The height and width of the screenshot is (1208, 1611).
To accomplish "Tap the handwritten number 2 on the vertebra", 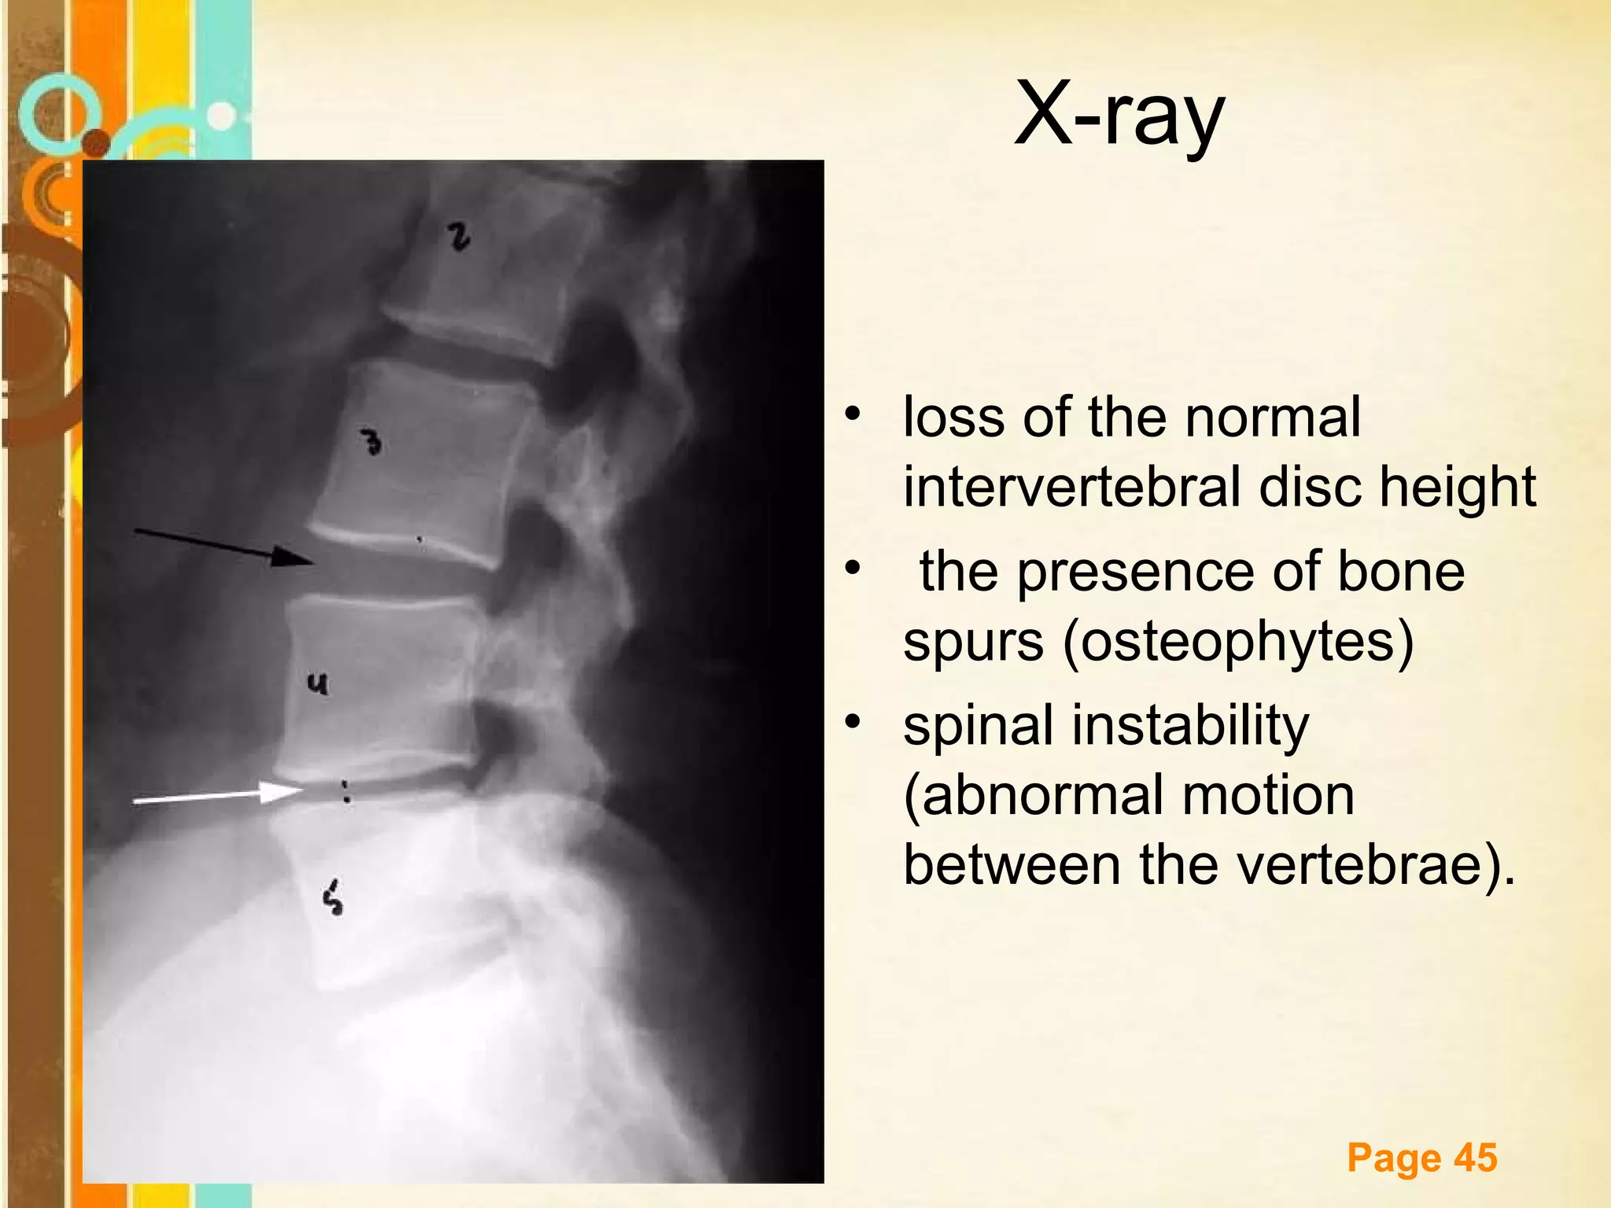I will point(459,236).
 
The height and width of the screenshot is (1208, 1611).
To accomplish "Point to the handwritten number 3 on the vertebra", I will point(371,442).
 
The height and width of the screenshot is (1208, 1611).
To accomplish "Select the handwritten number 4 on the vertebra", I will point(317,685).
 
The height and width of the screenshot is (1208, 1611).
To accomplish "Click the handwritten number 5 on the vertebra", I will point(334,898).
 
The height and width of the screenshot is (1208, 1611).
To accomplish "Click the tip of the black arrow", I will point(313,562).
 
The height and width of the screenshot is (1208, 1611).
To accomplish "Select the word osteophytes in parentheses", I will point(1238,641).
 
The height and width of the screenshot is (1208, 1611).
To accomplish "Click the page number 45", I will point(1475,1158).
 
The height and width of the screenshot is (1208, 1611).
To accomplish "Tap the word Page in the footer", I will point(1394,1158).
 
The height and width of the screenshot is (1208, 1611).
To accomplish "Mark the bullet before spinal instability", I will point(853,721).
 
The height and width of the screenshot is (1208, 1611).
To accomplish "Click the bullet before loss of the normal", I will point(853,413).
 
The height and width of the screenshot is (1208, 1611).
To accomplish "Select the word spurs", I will point(973,641).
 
